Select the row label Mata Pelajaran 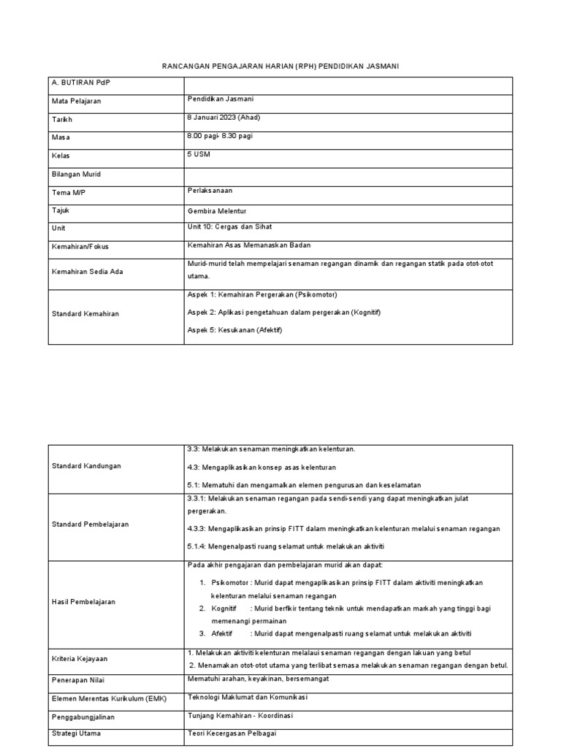click(x=76, y=102)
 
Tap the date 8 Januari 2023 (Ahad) click(x=224, y=118)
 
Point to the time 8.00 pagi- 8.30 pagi click(x=221, y=136)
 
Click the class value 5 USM click(x=199, y=154)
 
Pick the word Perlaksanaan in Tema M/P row click(x=211, y=191)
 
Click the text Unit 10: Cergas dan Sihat click(x=229, y=227)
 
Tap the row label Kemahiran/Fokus click(x=80, y=247)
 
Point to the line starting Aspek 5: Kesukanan click(x=234, y=330)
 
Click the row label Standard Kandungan click(x=85, y=465)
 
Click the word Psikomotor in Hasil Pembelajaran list click(x=228, y=582)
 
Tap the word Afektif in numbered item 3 click(x=224, y=633)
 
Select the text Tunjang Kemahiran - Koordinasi click(x=240, y=716)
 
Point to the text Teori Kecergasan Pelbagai click(x=232, y=733)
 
